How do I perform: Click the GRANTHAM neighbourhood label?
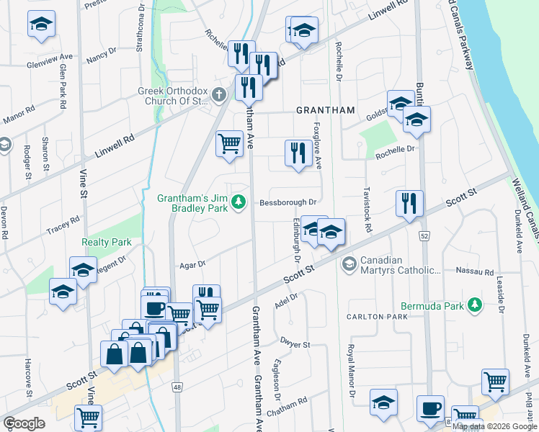coord(326,110)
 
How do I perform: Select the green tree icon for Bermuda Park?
coord(474,306)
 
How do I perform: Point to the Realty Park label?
coord(106,243)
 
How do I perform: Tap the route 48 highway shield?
coord(177,387)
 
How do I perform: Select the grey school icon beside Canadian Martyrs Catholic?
coord(349,264)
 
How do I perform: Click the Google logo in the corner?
coord(24,423)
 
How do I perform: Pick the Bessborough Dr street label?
coord(289,203)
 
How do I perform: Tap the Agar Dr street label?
coord(192,264)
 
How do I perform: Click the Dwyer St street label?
coord(295,345)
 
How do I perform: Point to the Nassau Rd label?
coord(474,273)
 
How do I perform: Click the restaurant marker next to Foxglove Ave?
coord(295,153)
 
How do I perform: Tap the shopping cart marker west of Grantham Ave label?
coord(229,143)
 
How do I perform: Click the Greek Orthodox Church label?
coord(173,96)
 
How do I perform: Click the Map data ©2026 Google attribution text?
coord(494,426)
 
